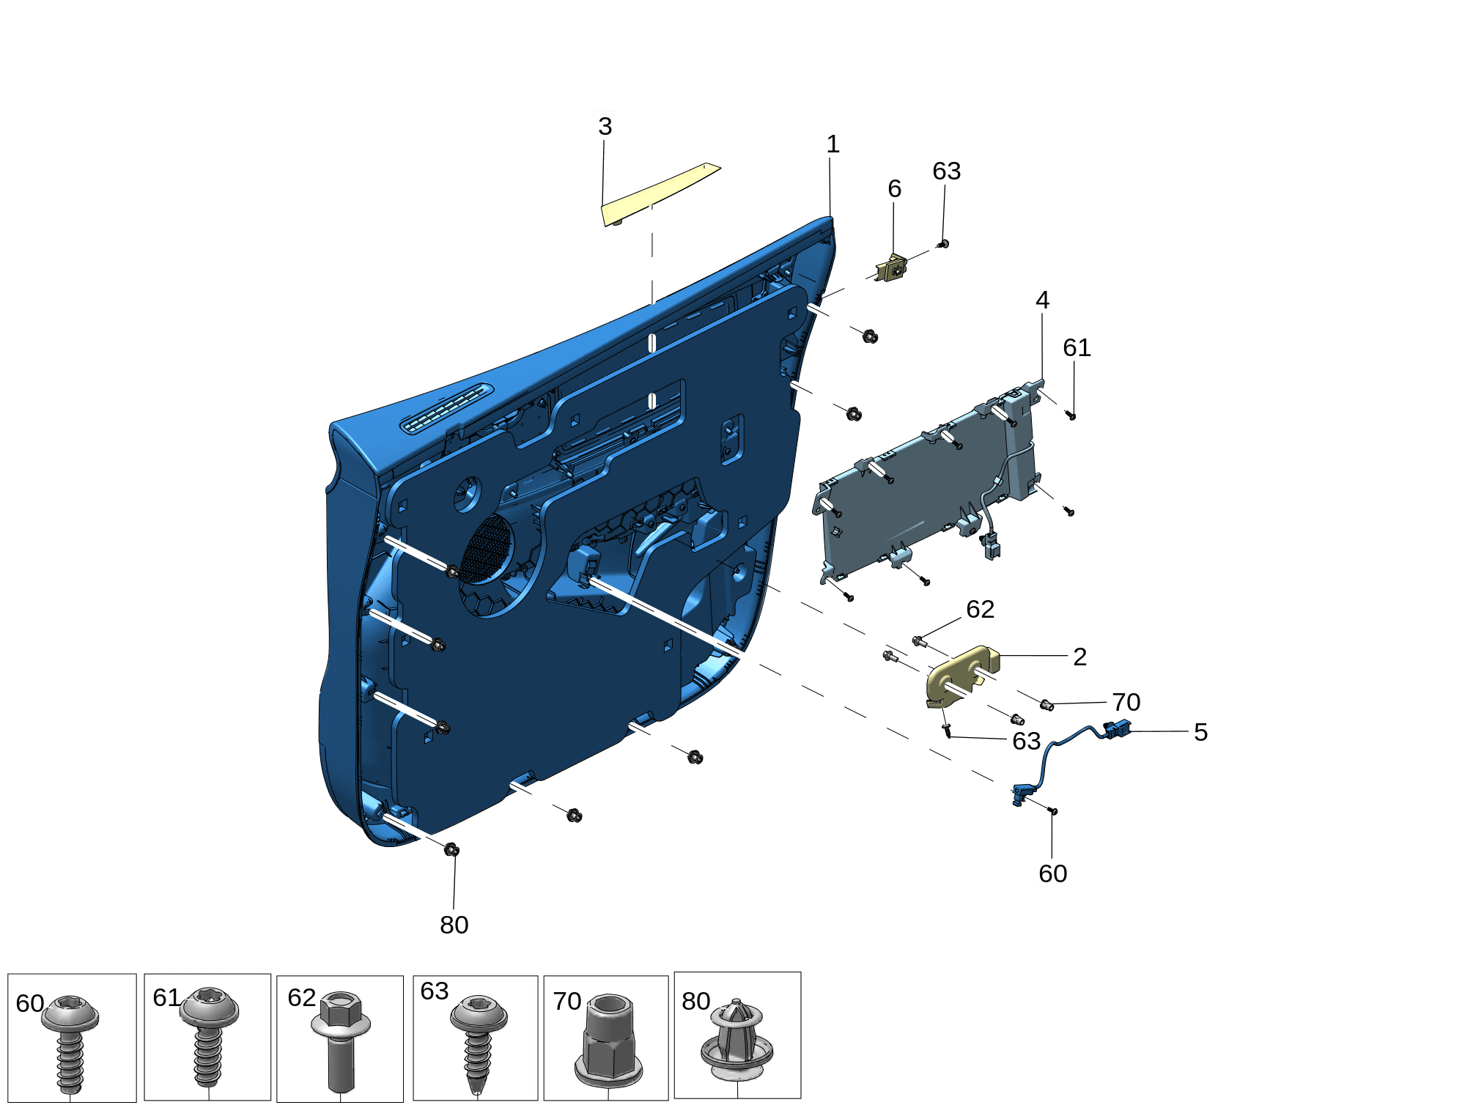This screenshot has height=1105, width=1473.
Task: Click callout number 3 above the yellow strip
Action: click(605, 126)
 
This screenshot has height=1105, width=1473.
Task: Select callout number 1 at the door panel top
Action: click(833, 144)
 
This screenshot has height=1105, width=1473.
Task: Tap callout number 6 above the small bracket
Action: click(894, 188)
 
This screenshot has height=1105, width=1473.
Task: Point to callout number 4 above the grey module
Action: click(1042, 300)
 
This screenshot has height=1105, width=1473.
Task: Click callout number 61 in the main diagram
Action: click(1077, 347)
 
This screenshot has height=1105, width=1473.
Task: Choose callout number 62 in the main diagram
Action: click(980, 609)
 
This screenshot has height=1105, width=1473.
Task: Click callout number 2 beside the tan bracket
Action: click(1079, 657)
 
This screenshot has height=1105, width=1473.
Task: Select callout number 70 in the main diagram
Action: click(1126, 702)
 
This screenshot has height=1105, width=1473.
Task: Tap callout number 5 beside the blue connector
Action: click(1200, 731)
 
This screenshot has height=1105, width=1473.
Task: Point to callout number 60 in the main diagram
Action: click(1052, 873)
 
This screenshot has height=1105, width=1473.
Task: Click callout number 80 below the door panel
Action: click(454, 925)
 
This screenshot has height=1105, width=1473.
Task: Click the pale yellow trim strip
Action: click(660, 194)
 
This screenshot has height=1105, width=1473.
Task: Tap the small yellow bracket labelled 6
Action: click(893, 268)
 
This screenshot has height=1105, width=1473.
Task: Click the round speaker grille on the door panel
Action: click(487, 550)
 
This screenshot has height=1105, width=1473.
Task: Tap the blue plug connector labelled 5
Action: click(1117, 729)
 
